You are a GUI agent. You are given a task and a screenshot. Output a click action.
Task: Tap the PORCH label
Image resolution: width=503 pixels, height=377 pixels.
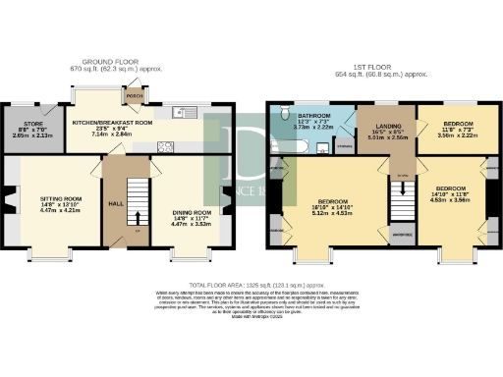click(x=135, y=96)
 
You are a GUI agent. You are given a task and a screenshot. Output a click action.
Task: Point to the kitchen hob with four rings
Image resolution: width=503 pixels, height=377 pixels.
click(x=166, y=146)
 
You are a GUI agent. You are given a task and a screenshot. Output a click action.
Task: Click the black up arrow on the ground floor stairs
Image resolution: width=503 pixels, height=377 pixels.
click(x=137, y=219)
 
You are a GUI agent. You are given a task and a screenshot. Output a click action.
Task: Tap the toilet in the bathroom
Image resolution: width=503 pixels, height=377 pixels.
click(x=283, y=111)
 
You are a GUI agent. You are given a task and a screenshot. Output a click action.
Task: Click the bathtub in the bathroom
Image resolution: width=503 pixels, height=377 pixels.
click(x=301, y=148)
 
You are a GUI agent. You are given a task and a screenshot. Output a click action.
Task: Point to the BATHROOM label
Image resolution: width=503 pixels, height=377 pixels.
click(x=314, y=116)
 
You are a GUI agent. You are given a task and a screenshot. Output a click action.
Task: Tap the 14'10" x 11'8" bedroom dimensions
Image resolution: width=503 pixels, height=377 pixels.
click(x=451, y=193)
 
